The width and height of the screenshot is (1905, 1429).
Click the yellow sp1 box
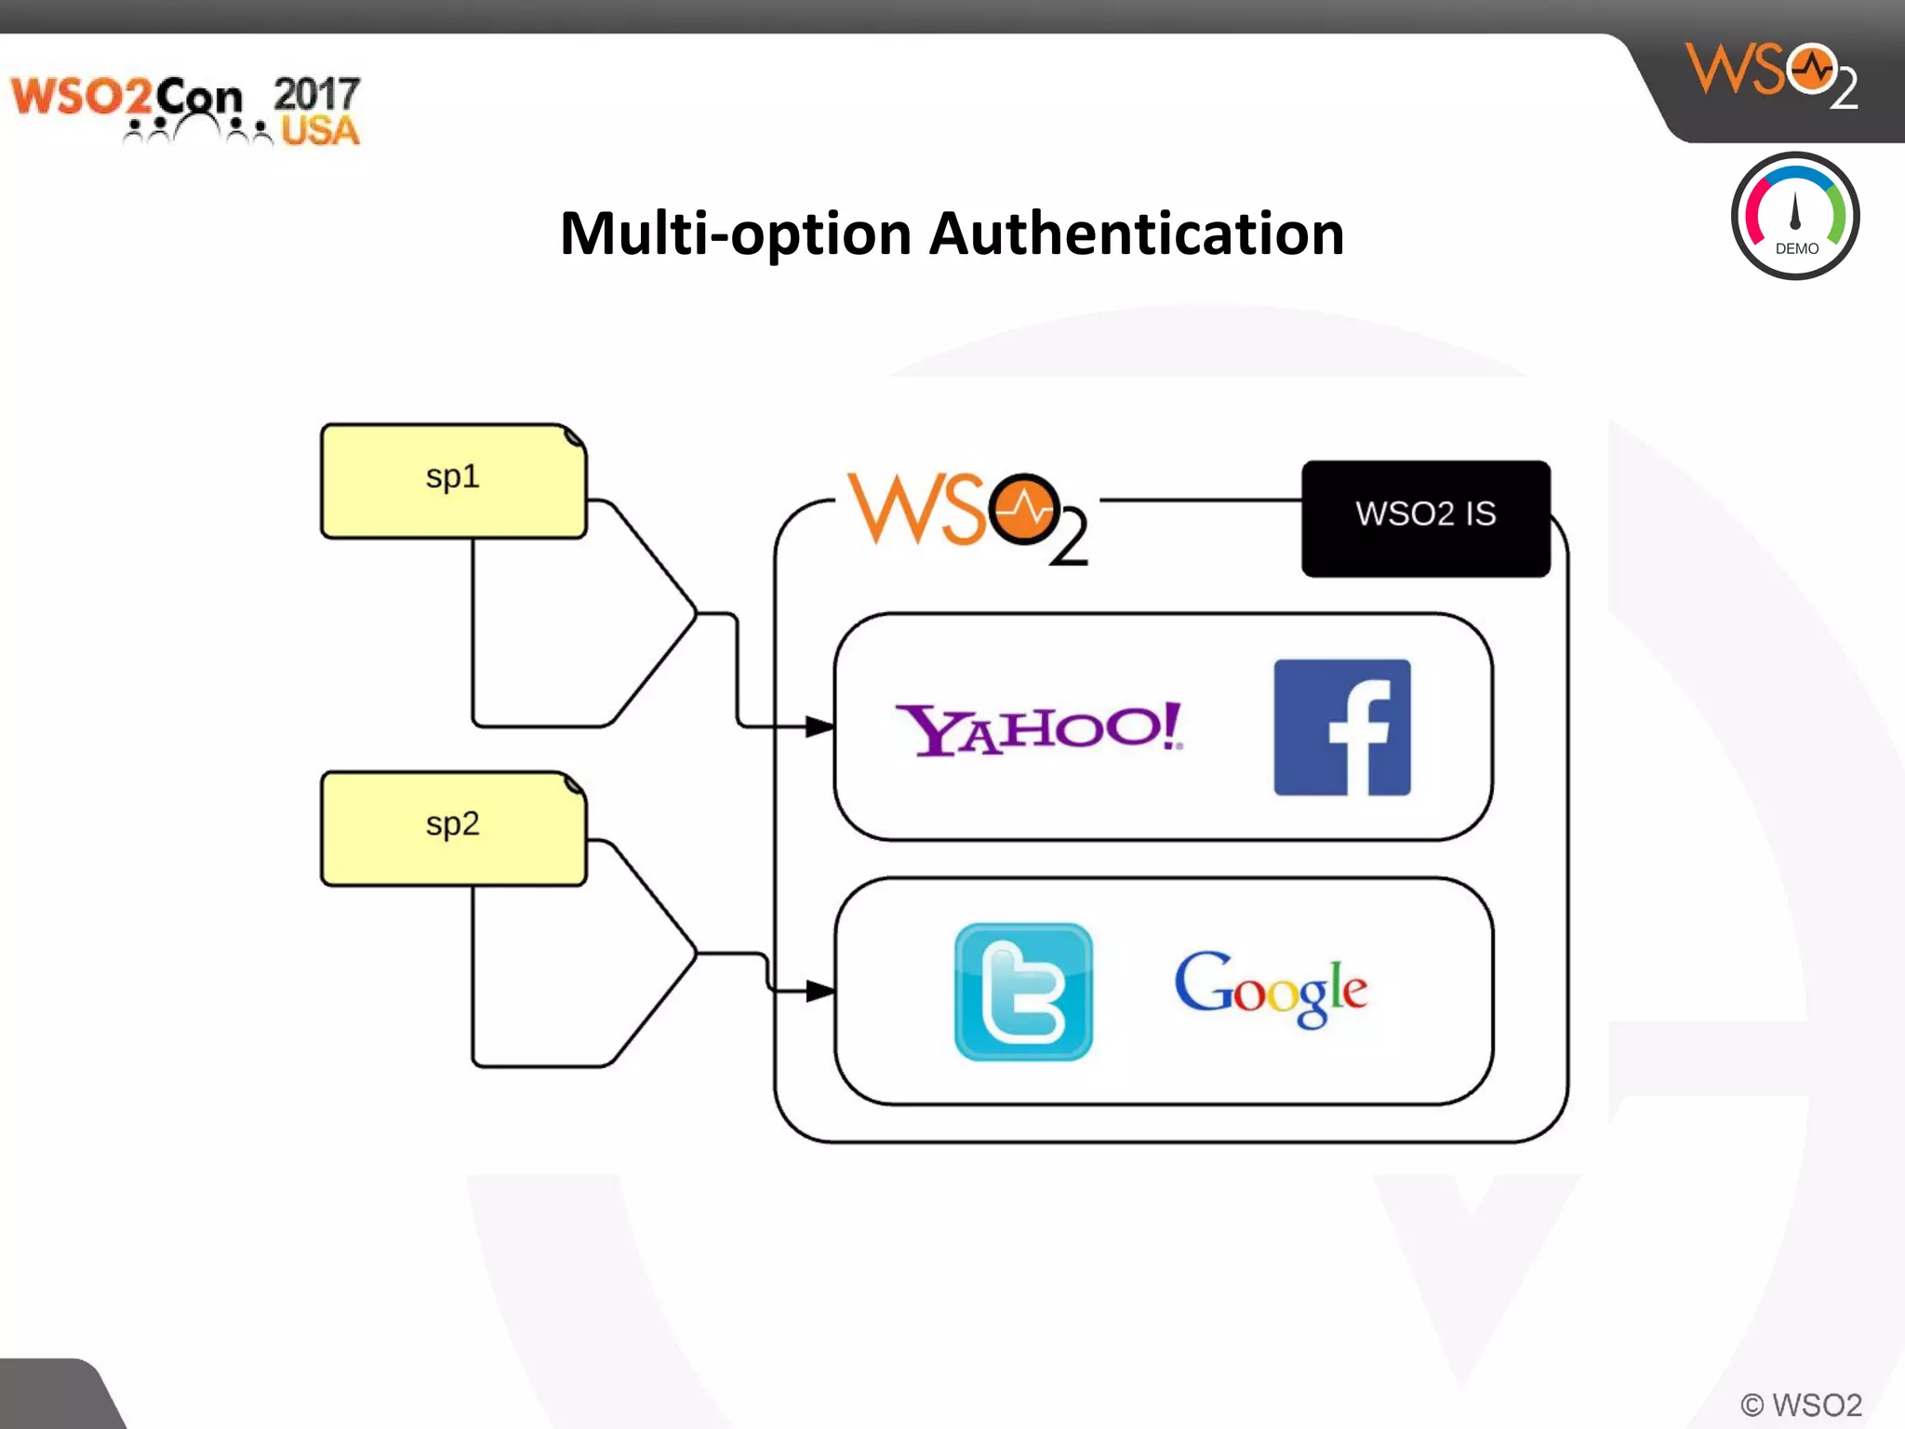[x=453, y=481]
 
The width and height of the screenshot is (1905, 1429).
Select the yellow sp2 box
[x=453, y=828]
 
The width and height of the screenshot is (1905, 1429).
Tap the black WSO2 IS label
[x=1425, y=518]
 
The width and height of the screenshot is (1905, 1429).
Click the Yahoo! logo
[x=1038, y=729]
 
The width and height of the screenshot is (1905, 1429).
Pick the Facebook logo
[x=1341, y=728]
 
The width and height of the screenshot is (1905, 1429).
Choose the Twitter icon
[x=1023, y=992]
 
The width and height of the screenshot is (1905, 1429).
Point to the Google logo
[x=1271, y=990]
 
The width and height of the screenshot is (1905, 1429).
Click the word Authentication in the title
[x=1137, y=234]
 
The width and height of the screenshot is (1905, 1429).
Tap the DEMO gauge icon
[x=1794, y=217]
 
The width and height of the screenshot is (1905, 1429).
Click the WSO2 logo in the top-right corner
[x=1771, y=74]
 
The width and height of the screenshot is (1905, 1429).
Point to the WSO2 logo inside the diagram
[x=967, y=516]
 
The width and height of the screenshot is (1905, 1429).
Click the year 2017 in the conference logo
[x=316, y=94]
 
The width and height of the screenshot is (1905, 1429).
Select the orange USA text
[x=320, y=131]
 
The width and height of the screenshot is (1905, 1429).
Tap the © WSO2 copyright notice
[x=1801, y=1404]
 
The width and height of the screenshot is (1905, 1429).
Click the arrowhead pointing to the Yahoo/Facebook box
[x=819, y=726]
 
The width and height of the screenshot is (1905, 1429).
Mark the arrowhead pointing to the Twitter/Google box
[x=819, y=991]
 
